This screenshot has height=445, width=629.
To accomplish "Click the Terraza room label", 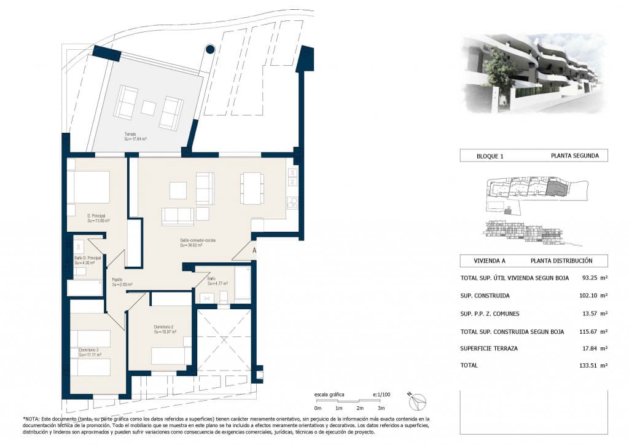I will click(130, 134).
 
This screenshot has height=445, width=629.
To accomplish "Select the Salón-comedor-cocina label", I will click(197, 240).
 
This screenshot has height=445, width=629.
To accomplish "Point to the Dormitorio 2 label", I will click(165, 327).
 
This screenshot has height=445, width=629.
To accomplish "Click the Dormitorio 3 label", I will click(88, 350).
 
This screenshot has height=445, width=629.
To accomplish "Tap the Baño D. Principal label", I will click(87, 258).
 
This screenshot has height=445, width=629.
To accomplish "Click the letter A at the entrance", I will click(254, 250).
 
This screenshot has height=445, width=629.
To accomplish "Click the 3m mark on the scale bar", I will click(381, 408).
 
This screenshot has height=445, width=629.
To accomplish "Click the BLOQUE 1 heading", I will click(490, 156).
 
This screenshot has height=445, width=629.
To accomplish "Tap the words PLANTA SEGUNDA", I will click(574, 156).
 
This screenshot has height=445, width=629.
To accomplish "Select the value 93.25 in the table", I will click(589, 278).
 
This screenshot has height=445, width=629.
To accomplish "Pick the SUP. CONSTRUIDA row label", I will click(485, 296).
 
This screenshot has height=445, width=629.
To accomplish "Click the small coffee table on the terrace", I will click(149, 108).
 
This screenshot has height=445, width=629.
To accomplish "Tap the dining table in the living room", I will click(252, 187).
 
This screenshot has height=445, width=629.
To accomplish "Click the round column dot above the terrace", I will click(209, 49).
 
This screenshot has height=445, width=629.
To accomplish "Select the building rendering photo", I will click(533, 73).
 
